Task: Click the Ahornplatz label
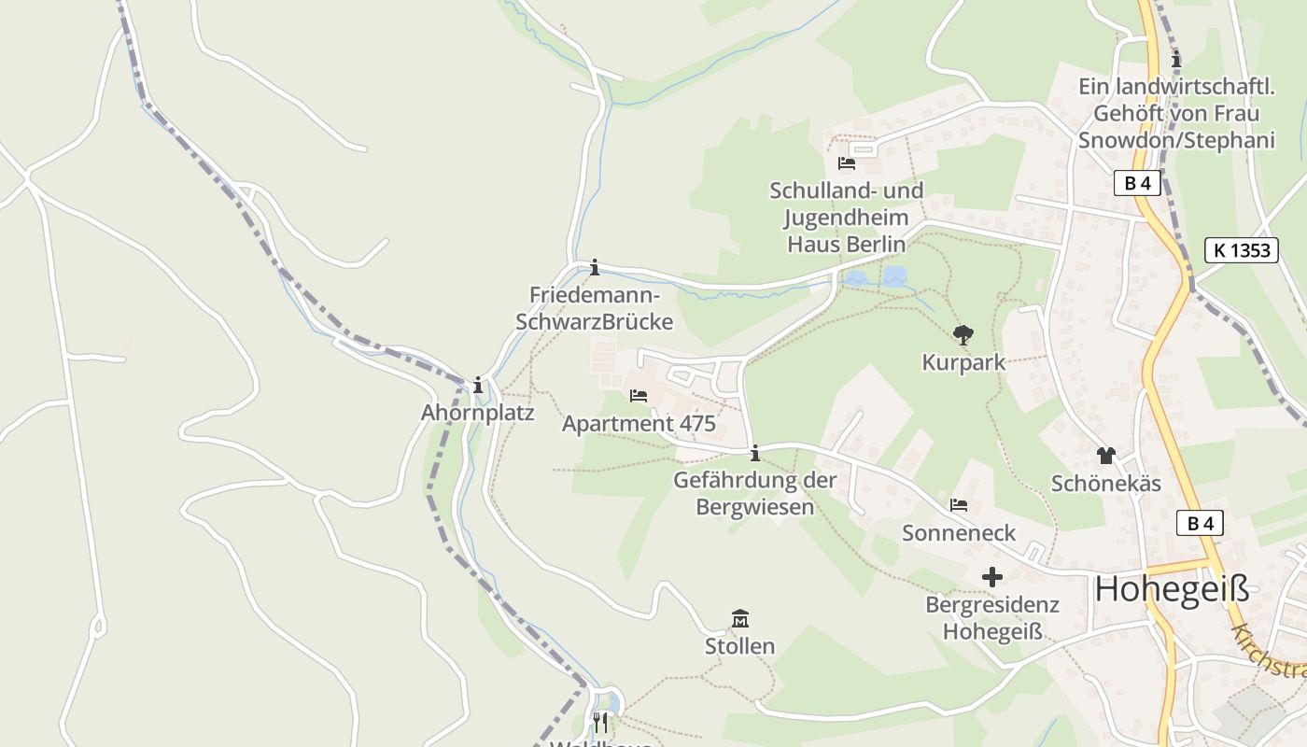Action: pos(477,413)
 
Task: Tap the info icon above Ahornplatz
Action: pos(478,385)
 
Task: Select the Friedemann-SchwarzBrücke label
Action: pos(594,308)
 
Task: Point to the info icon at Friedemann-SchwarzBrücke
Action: pos(595,268)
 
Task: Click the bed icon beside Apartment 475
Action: pos(639,396)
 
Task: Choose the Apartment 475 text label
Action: pos(639,424)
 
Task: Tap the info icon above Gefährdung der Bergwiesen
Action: pos(754,453)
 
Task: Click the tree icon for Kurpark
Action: pos(963,334)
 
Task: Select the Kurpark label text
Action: pos(963,362)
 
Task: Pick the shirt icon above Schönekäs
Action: pos(1105,456)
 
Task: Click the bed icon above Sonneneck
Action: pos(959,505)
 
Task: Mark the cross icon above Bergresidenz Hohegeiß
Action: pos(991,577)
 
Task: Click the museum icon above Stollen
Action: pos(740,618)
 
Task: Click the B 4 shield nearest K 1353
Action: pos(1137,183)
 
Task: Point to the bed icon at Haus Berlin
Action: pos(847,162)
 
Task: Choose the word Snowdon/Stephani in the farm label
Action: pos(1176,141)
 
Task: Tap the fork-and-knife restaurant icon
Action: pos(600,722)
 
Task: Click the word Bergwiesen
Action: pos(755,508)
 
